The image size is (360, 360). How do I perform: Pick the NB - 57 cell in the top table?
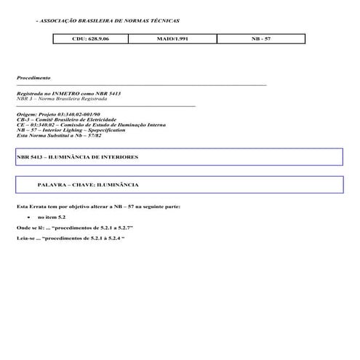coord(262,37)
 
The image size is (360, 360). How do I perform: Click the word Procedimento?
coord(33,78)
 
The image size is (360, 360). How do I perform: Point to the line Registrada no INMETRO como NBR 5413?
coord(60,93)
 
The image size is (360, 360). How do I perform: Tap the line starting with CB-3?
coord(65,119)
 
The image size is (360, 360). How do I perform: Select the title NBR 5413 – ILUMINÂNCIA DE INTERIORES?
coord(77,157)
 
